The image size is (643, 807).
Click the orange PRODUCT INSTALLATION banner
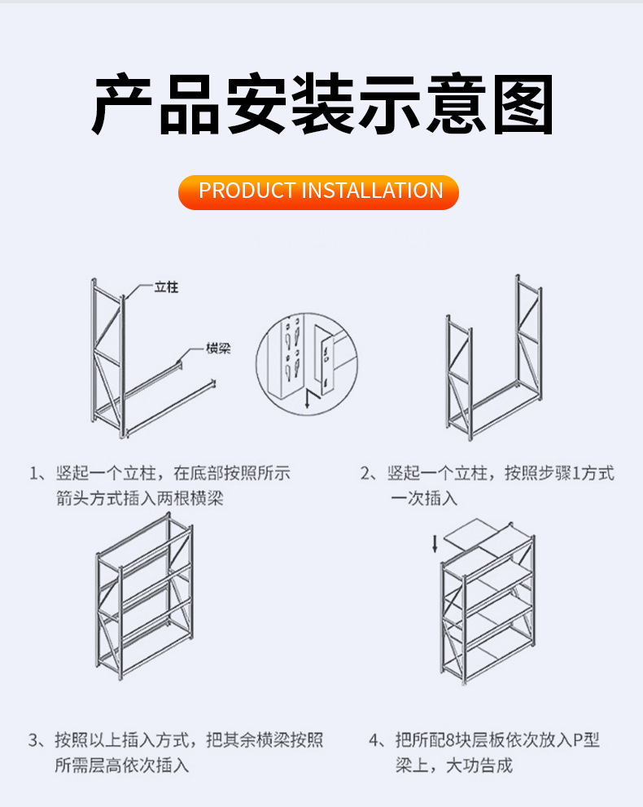pos(318,191)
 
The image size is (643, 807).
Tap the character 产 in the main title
pos(122,105)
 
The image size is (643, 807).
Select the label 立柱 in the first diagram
pos(166,287)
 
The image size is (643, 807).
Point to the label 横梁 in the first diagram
pos(218,349)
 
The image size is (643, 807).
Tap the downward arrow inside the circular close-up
pos(308,400)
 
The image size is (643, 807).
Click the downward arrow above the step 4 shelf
pos(435,543)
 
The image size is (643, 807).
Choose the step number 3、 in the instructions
pos(37,740)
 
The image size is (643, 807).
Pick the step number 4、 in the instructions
pos(377,740)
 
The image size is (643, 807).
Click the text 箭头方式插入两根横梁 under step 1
pos(139,498)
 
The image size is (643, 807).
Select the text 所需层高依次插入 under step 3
pos(122,765)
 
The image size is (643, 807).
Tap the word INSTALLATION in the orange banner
pos(372,191)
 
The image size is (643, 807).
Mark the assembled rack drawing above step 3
pos(145,603)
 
